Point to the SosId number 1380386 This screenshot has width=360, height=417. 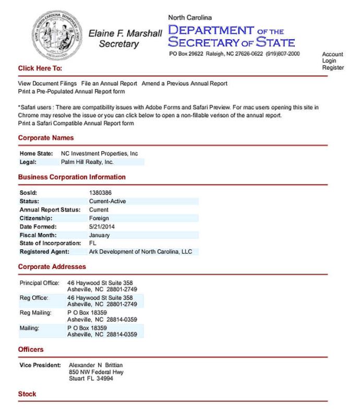click(100, 193)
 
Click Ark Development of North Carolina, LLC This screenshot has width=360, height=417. click(141, 251)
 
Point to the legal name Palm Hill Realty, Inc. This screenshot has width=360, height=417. click(91, 162)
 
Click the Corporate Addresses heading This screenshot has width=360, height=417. click(52, 266)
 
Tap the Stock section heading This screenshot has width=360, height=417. click(27, 394)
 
